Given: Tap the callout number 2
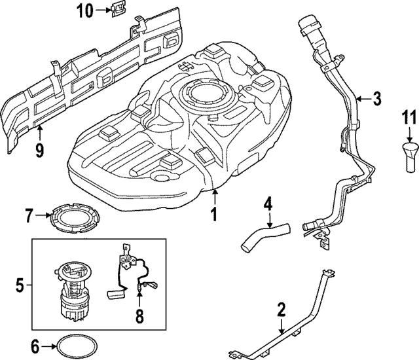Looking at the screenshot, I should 281,309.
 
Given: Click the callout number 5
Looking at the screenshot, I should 20,285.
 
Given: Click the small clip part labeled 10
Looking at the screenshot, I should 117,10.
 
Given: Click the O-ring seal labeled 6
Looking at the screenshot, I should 73,345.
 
